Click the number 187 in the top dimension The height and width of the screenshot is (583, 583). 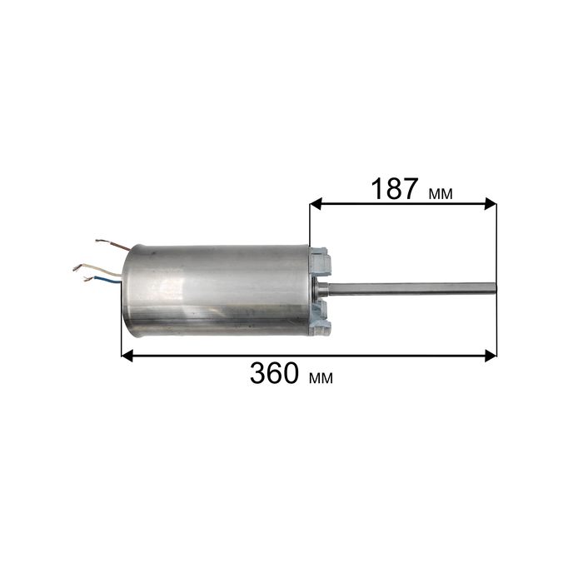click(395, 189)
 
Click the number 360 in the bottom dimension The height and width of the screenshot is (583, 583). click(274, 373)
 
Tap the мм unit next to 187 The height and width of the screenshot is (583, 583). click(441, 194)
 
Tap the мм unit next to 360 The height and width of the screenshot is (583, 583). click(321, 378)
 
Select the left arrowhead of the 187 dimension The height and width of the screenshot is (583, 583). click(316, 204)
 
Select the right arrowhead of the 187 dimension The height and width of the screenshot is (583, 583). click(491, 204)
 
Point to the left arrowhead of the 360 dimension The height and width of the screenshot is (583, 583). click(127, 356)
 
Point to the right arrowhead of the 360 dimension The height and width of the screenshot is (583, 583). click(491, 356)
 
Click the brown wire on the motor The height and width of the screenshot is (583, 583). click(113, 244)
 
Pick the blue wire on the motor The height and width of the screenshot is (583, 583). click(102, 279)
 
